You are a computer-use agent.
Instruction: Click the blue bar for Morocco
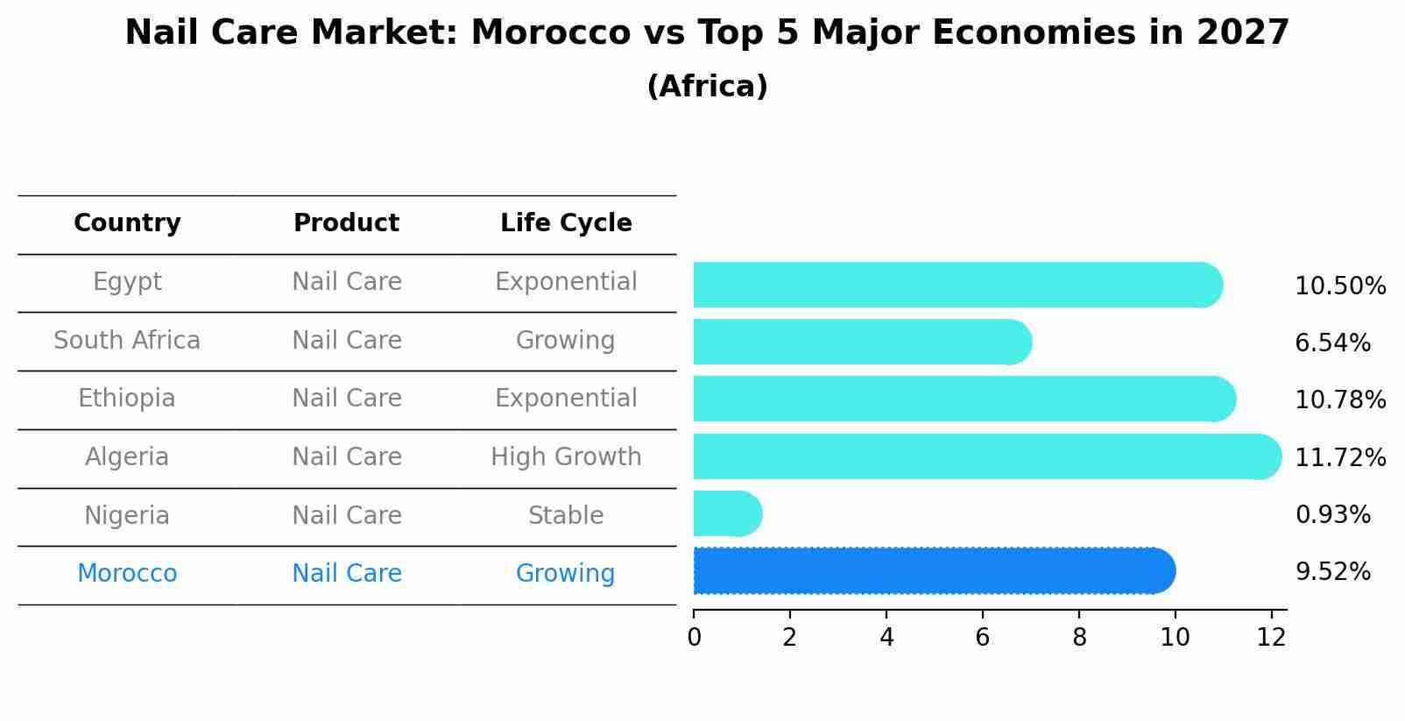point(933,571)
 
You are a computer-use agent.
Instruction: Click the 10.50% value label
point(1339,286)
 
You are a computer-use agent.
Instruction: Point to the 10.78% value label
point(1339,400)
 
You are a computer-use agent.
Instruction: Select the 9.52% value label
point(1332,572)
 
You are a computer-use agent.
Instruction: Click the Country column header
point(127,223)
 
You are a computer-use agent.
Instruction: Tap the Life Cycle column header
point(566,223)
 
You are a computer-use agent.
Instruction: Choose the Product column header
point(346,223)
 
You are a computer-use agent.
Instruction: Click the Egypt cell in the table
point(127,282)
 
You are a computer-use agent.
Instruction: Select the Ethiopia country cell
point(127,399)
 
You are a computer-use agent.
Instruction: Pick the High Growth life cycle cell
point(566,457)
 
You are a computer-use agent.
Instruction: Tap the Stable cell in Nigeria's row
point(566,515)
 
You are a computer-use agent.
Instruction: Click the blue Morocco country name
point(127,574)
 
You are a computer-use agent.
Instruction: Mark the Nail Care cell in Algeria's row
point(346,457)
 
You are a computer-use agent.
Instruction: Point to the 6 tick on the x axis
point(983,638)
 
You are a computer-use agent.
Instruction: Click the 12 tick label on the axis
point(1271,638)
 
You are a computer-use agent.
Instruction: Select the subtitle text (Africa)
point(707,87)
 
